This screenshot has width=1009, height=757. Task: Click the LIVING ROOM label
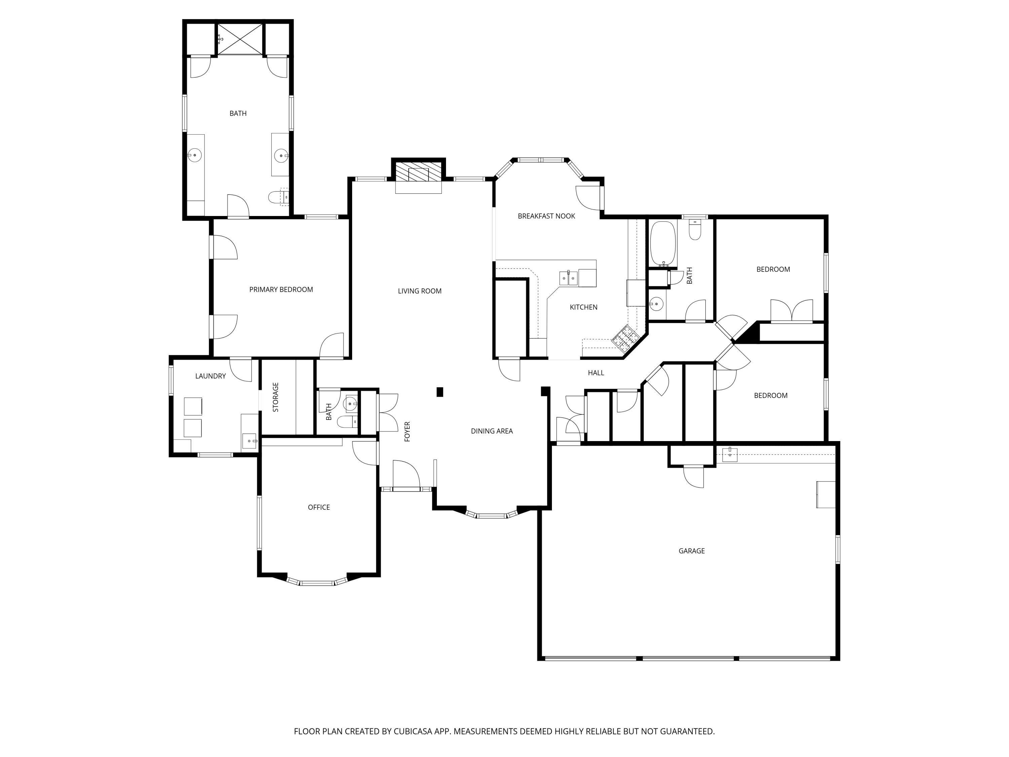419,291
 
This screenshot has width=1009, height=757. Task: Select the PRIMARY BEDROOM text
281,289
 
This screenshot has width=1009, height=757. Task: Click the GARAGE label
691,551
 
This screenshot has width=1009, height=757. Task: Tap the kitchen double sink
568,278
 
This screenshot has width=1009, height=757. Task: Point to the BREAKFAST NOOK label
546,216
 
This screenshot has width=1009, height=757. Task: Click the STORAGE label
275,397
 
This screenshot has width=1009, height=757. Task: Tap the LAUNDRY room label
210,376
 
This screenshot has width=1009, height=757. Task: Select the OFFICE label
319,507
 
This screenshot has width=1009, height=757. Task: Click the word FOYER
407,431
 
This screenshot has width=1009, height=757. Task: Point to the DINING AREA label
491,431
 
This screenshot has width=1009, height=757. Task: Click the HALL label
595,373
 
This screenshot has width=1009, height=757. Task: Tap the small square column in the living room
440,392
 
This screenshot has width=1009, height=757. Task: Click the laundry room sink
250,441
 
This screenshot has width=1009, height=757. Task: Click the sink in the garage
730,455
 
